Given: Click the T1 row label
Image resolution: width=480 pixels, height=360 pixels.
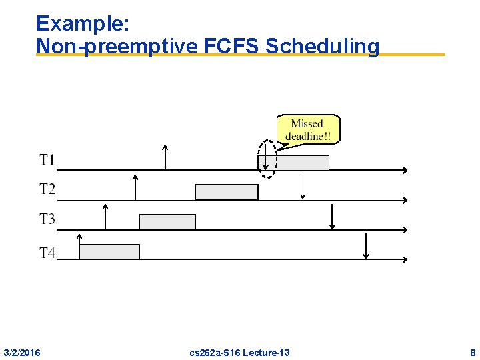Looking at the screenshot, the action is tap(47, 160).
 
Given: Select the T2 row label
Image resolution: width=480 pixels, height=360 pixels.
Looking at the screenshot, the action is tap(47, 189).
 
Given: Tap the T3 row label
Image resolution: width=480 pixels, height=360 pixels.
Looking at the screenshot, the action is tap(47, 219).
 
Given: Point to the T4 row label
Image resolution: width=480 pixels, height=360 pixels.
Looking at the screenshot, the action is tap(47, 253).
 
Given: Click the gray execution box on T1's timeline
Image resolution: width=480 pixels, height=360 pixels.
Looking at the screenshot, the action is tap(303, 163).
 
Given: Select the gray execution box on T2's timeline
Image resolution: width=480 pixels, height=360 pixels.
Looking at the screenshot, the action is tap(226, 192).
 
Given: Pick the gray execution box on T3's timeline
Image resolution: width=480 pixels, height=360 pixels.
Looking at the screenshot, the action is tap(167, 222).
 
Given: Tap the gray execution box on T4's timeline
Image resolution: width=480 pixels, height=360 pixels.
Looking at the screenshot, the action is tap(109, 251).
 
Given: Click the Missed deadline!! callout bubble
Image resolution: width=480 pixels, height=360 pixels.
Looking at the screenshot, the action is tap(307, 129).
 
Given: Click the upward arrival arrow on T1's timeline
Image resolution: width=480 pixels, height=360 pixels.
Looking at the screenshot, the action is tap(165, 157).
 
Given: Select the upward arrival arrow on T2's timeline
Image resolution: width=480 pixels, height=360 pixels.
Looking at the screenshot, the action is tap(135, 187).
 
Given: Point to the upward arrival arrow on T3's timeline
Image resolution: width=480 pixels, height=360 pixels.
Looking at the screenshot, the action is tap(105, 217).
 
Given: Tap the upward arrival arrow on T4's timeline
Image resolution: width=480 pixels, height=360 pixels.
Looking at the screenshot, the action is tap(79, 246).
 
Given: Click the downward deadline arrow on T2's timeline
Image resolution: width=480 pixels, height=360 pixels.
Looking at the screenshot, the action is tap(303, 187).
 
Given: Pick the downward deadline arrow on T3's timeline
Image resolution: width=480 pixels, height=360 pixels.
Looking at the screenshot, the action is tap(333, 217).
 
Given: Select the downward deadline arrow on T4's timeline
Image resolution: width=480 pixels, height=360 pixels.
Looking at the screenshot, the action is tap(366, 246).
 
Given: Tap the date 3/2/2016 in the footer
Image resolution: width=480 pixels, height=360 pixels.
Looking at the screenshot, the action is tap(21, 352).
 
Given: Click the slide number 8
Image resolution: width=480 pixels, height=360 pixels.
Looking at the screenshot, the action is tap(472, 352).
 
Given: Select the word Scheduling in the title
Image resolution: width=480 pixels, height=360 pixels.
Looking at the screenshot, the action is tap(322, 46).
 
